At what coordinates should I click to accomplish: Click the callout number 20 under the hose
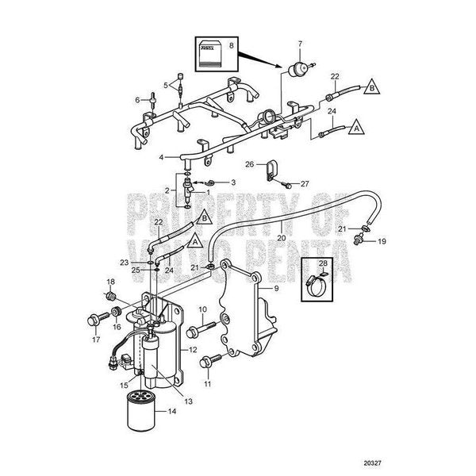[x=281, y=236]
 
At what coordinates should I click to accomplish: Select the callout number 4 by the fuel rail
[x=161, y=158]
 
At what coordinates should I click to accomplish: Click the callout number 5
[x=167, y=85]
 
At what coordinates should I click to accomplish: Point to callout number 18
[x=110, y=282]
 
